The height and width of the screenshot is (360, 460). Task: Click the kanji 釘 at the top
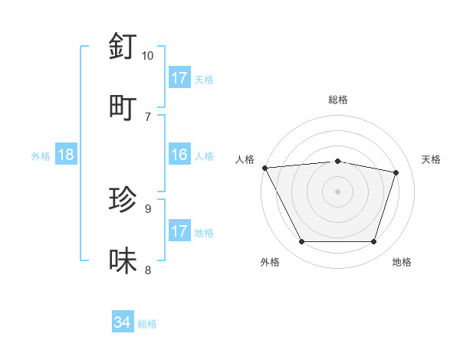[x=123, y=47]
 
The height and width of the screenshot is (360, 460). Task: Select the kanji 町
[x=123, y=107]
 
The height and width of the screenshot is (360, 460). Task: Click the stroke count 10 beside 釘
[x=147, y=56]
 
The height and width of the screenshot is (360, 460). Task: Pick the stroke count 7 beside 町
[x=147, y=116]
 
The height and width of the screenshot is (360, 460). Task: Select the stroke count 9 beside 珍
[x=147, y=208]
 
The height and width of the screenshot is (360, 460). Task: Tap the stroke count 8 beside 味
[x=147, y=270]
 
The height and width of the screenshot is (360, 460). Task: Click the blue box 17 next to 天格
[x=179, y=78]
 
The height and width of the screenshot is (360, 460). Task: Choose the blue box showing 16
[x=179, y=155]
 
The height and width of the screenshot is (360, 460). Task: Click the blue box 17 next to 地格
[x=179, y=231]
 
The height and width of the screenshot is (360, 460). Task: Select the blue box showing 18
[x=66, y=155]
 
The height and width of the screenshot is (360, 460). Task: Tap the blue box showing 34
[x=123, y=322]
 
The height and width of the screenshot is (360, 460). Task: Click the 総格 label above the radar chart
[x=338, y=100]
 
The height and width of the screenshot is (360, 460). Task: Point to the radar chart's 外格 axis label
[x=270, y=262]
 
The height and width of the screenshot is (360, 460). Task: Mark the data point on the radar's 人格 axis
[x=264, y=168]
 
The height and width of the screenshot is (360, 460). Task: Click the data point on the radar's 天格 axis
[x=396, y=172]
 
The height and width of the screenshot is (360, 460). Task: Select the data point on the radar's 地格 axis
[x=373, y=242]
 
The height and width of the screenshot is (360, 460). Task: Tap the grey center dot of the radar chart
[x=338, y=191]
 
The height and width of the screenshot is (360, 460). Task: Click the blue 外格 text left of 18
[x=41, y=155]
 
